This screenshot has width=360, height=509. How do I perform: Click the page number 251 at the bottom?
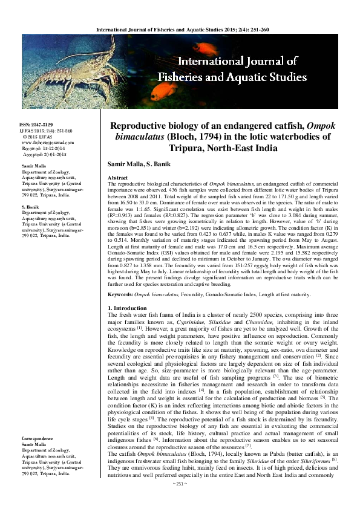180,501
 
